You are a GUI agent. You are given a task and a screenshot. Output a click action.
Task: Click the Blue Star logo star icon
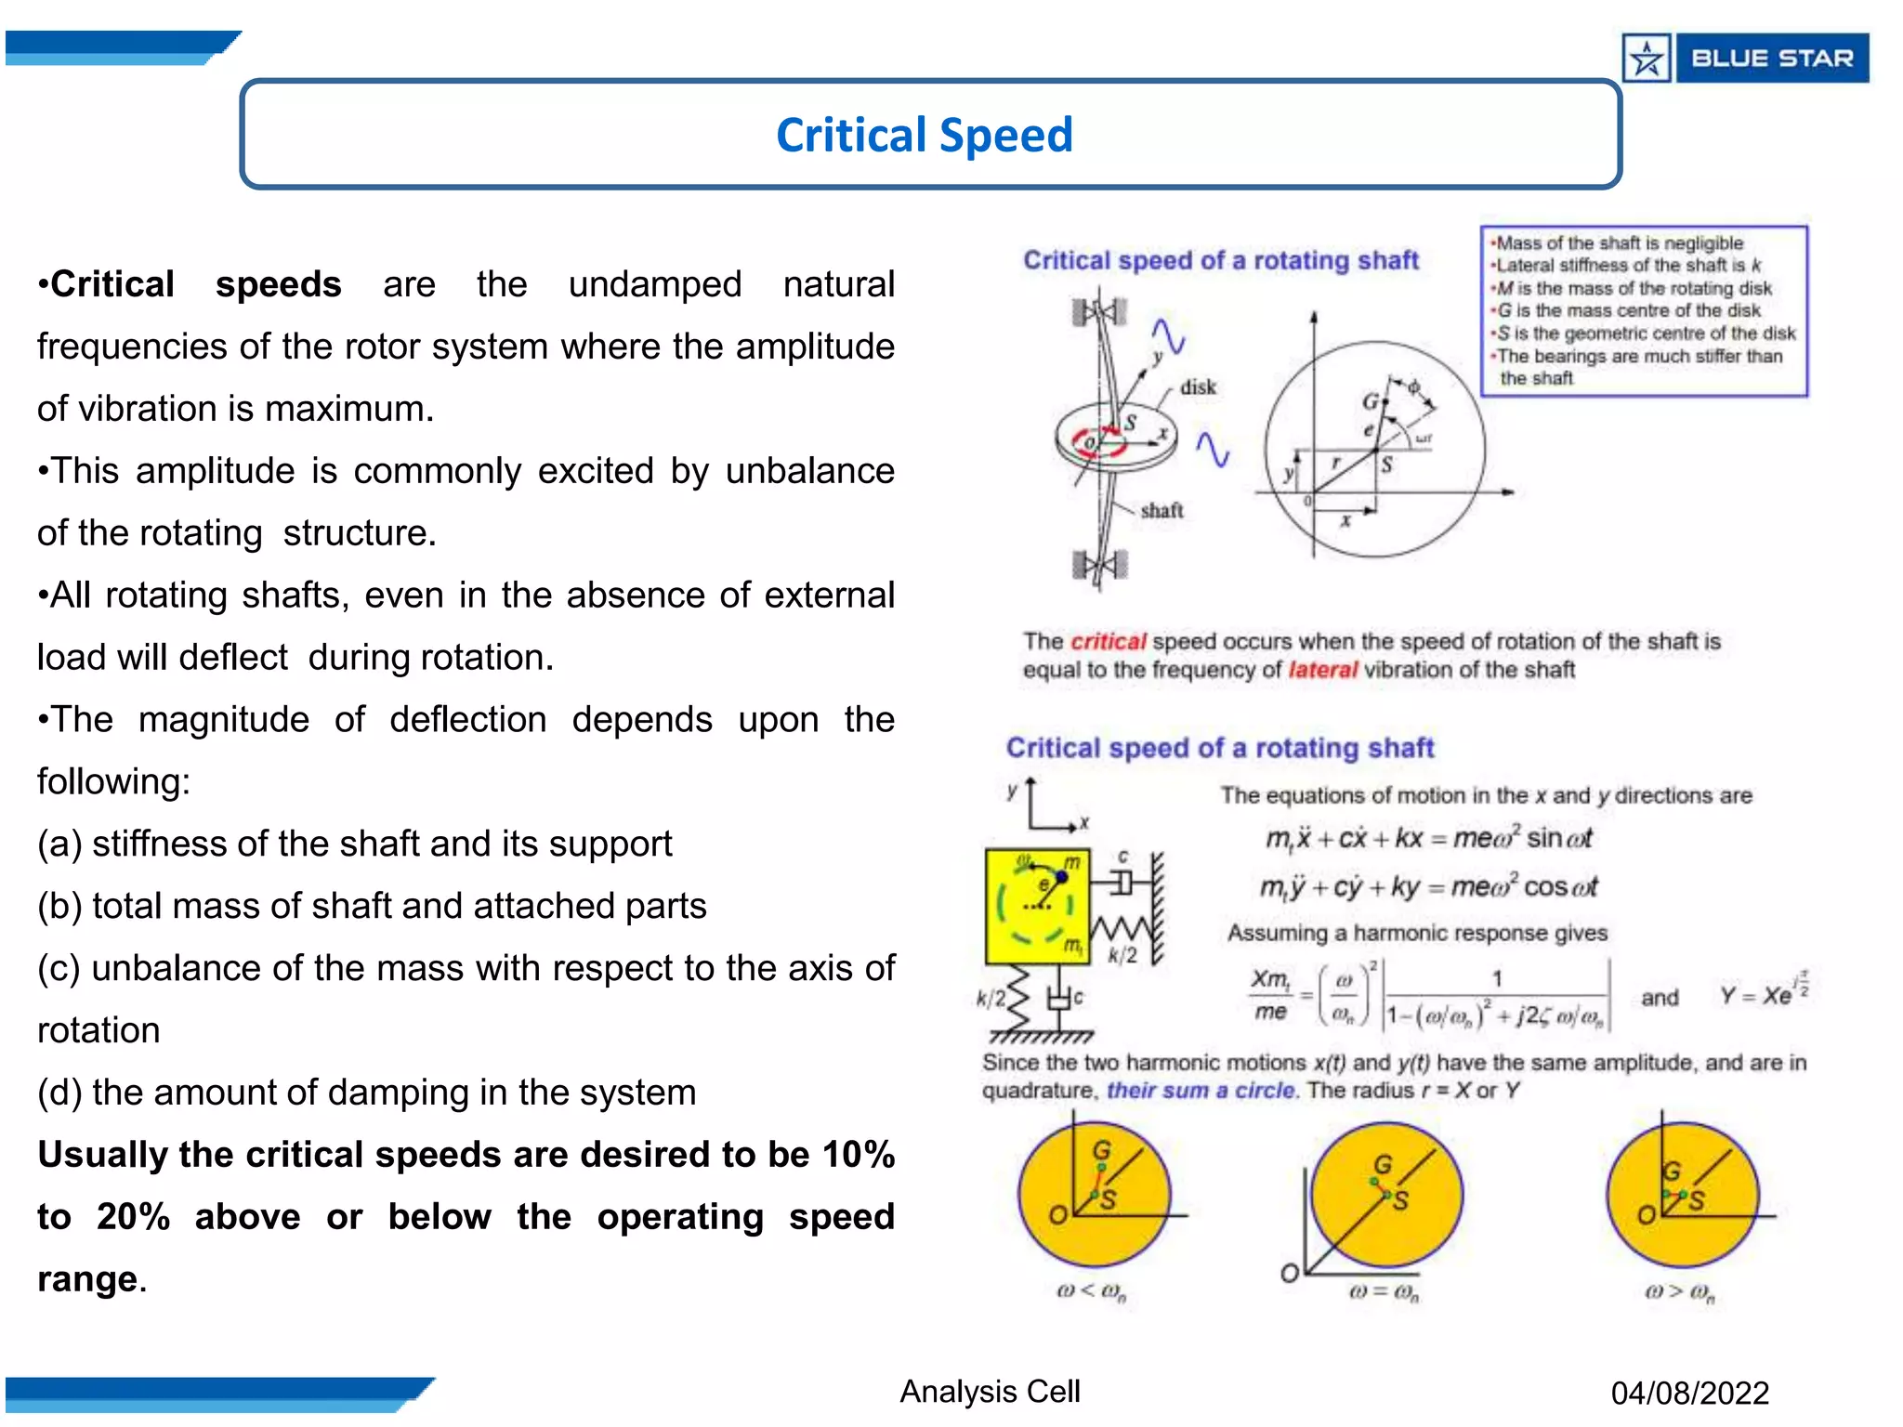coord(1647,59)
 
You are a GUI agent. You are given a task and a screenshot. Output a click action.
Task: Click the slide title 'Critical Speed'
coord(924,135)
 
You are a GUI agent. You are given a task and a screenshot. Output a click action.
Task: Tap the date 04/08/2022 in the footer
coord(1689,1393)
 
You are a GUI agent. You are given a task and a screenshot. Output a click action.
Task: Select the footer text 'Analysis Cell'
coord(990,1391)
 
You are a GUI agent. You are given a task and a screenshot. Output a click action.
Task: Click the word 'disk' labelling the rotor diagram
coord(1198,387)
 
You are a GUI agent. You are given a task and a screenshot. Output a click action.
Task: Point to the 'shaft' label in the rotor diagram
coord(1161,510)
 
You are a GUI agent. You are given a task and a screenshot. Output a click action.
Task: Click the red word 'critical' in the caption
coord(1108,641)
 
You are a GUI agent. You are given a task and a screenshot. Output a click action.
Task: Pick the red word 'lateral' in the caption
coord(1322,670)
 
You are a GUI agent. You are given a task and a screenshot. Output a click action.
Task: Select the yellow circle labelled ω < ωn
coord(1094,1195)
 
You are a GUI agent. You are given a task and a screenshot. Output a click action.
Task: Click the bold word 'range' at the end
coord(87,1279)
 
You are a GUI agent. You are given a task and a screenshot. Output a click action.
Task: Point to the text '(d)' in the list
coord(59,1093)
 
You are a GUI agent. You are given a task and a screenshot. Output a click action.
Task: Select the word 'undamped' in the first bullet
coord(654,284)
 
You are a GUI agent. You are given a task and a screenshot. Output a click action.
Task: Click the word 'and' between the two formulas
coord(1660,998)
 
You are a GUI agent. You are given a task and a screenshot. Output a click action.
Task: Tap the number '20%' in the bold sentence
coord(133,1217)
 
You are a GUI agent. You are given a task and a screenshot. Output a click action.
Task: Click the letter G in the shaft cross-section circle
coord(1371,402)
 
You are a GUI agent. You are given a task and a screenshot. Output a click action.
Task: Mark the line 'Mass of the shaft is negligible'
coord(1620,243)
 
